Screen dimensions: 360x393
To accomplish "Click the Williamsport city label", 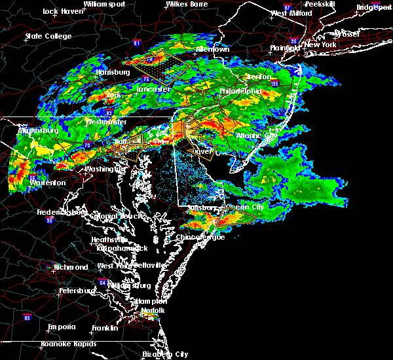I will [103, 4].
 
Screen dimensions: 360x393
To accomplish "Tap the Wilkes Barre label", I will [185, 4].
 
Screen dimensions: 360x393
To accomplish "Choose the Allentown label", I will [213, 49].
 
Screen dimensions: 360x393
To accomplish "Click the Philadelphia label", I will [240, 92].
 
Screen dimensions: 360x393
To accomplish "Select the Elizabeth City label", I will [165, 353].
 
